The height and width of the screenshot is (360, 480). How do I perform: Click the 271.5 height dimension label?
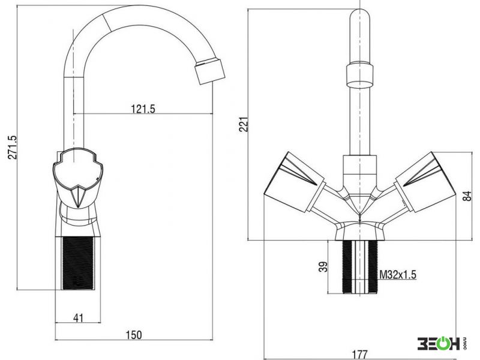click(12, 147)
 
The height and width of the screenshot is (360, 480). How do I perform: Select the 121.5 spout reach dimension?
click(143, 109)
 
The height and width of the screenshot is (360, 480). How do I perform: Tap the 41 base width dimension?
click(79, 318)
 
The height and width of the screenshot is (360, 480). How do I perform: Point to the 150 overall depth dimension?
click(134, 335)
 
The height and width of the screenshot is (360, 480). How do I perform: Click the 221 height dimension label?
click(244, 124)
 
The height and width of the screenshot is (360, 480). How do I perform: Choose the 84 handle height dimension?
click(467, 196)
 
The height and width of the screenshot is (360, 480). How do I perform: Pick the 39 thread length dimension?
click(323, 266)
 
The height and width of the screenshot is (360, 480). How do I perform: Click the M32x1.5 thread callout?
click(398, 275)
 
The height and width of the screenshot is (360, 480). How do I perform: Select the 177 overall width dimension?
click(359, 355)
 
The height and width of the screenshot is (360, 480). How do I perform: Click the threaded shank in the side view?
click(78, 263)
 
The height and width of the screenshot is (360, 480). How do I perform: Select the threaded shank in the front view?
click(359, 266)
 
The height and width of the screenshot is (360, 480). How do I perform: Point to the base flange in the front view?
click(359, 231)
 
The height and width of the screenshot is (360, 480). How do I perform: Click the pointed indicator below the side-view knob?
click(79, 197)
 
